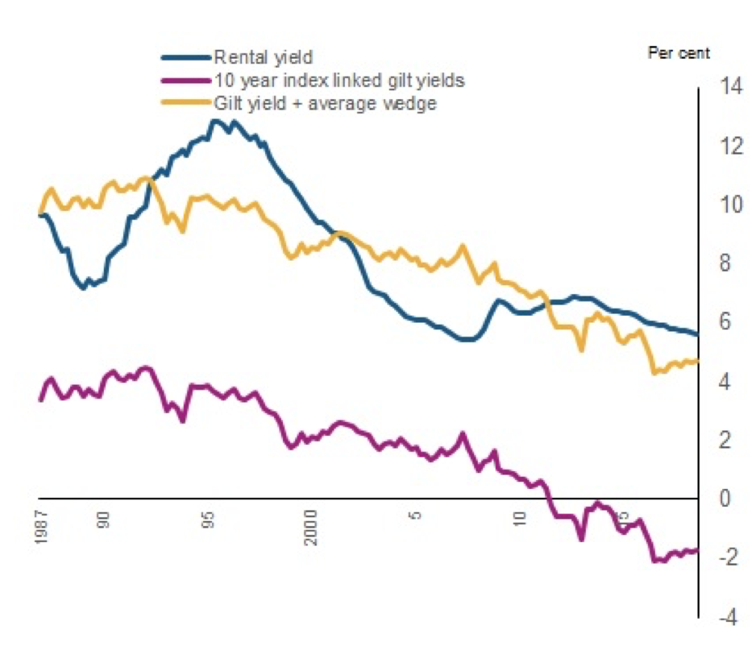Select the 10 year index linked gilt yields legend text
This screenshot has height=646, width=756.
tap(339, 81)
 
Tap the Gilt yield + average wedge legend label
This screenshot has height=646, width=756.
tap(325, 103)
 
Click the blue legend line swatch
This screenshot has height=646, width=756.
tap(186, 57)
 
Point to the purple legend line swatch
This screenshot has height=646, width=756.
tap(186, 81)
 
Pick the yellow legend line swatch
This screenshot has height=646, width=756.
tap(186, 103)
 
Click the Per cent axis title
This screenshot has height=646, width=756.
tap(679, 53)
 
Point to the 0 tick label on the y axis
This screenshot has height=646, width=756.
tap(721, 499)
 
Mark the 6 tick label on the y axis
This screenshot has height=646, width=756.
tap(721, 322)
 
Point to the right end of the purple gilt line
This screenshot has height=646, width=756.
tap(696, 550)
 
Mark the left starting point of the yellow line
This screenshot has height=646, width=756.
tap(40, 213)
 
